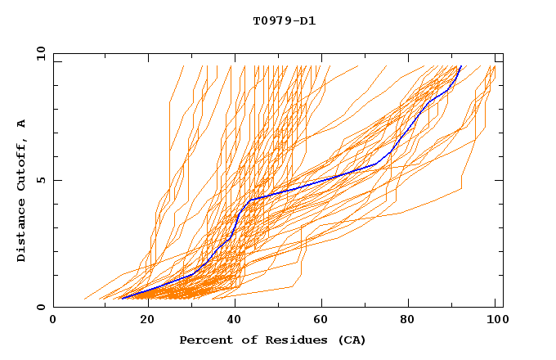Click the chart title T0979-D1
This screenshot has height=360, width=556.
pos(285,20)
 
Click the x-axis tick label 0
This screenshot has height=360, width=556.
pos(53,320)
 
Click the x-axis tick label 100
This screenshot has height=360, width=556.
pos(495,320)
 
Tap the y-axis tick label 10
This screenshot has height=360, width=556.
pos(40,53)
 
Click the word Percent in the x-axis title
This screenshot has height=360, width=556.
pos(204,340)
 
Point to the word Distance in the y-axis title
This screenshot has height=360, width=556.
pos(22,230)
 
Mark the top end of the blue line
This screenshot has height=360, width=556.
pos(461,66)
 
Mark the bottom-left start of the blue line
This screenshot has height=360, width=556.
pos(120,299)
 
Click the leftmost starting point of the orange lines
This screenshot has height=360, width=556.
pos(84,299)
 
